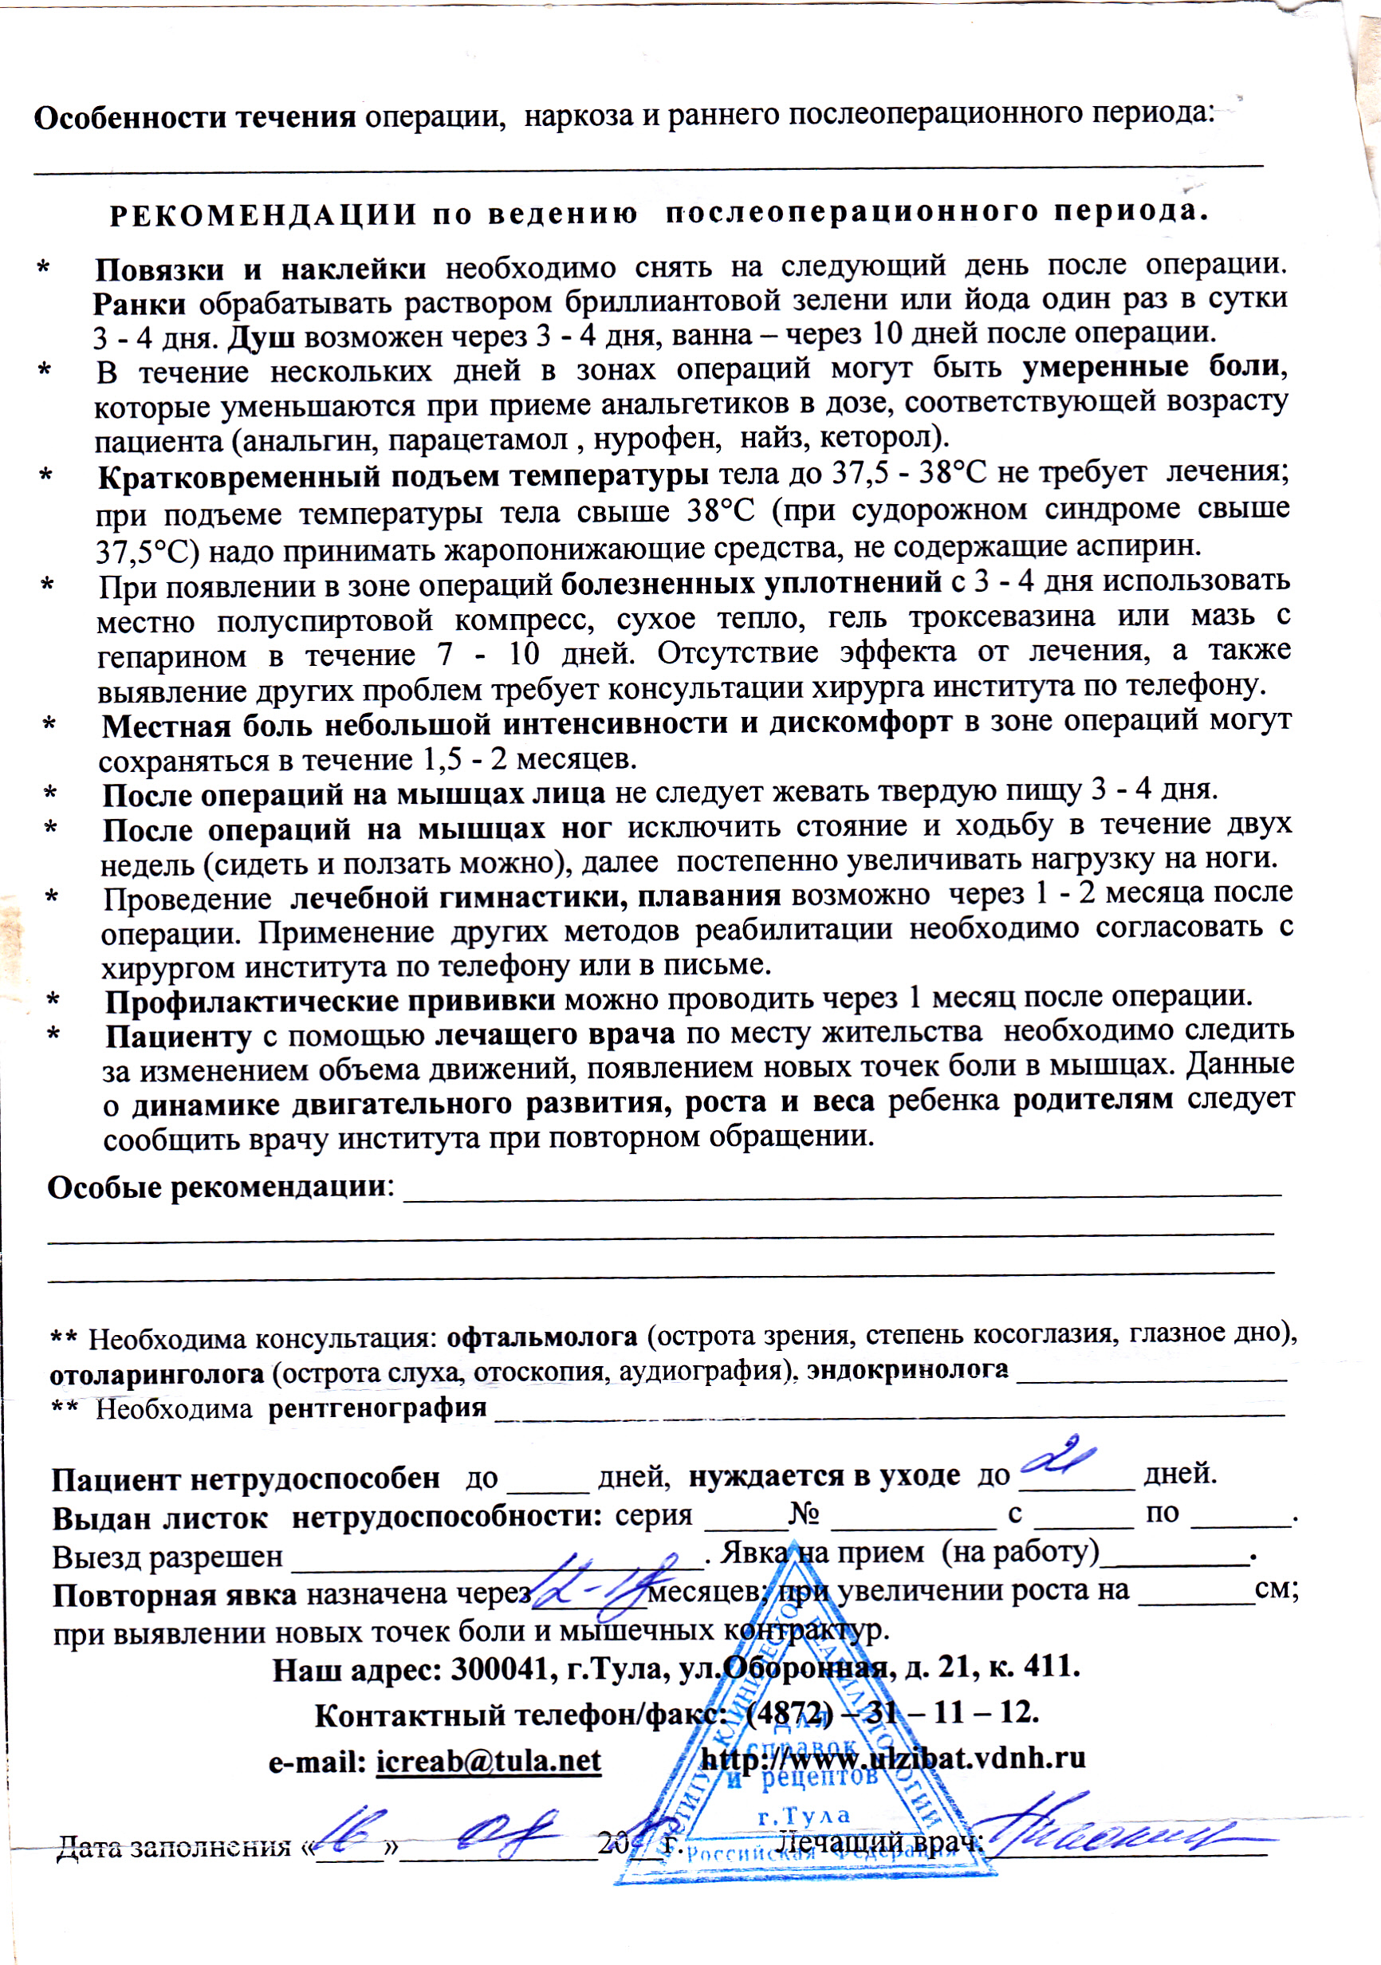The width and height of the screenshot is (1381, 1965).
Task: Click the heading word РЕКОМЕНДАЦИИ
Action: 264,215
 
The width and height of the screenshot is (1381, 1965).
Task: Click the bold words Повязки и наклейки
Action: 260,270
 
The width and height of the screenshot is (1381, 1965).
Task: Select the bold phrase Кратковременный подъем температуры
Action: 403,476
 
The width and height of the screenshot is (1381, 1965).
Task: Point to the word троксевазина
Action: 1001,617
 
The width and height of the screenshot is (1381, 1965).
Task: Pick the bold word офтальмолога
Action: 542,1336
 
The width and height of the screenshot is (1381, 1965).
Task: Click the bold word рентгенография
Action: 377,1408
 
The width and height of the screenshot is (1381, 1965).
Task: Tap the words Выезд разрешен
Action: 167,1556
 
